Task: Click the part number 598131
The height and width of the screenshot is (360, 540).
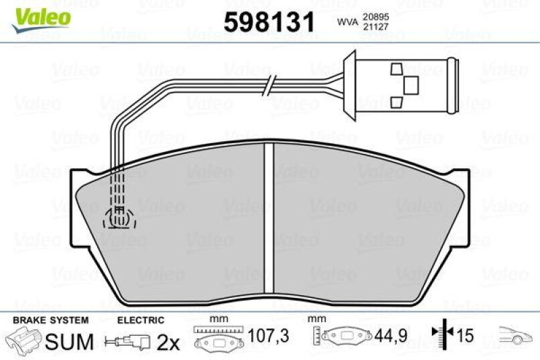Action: tap(269, 22)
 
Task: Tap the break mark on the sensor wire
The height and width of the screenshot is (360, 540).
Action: tap(269, 85)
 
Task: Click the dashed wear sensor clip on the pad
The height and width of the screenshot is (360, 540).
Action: tap(119, 217)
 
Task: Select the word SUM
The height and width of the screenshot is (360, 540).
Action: tap(68, 342)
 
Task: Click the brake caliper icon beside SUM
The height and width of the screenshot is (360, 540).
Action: tap(23, 341)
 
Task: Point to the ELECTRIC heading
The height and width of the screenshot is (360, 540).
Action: tap(140, 319)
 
